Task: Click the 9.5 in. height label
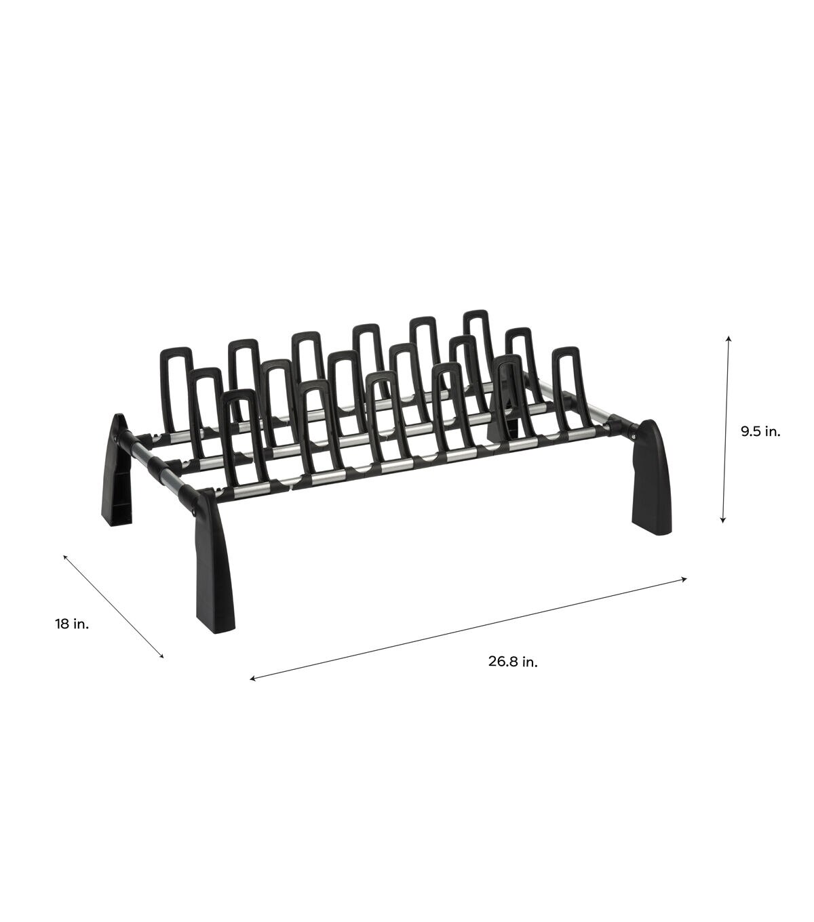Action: point(760,432)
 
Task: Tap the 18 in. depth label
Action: point(73,624)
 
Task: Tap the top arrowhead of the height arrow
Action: point(729,339)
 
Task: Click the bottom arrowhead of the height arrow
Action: point(723,520)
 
